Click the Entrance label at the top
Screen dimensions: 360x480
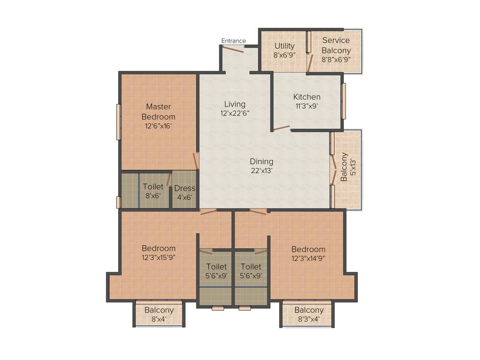click(x=233, y=41)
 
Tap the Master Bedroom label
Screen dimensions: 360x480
click(x=158, y=112)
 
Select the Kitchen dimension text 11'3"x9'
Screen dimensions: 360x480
click(x=307, y=106)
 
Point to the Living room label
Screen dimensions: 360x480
click(x=234, y=104)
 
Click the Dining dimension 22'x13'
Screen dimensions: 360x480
click(x=261, y=171)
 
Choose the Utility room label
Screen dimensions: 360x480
click(x=285, y=46)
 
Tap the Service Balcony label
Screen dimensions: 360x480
click(x=336, y=45)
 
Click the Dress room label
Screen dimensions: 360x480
click(x=184, y=188)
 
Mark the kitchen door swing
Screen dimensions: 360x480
click(x=281, y=127)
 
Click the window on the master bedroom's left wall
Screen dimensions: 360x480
click(x=119, y=122)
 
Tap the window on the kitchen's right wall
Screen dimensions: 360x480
click(x=344, y=101)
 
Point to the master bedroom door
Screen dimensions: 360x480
click(x=197, y=161)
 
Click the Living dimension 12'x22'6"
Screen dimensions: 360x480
click(x=234, y=113)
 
